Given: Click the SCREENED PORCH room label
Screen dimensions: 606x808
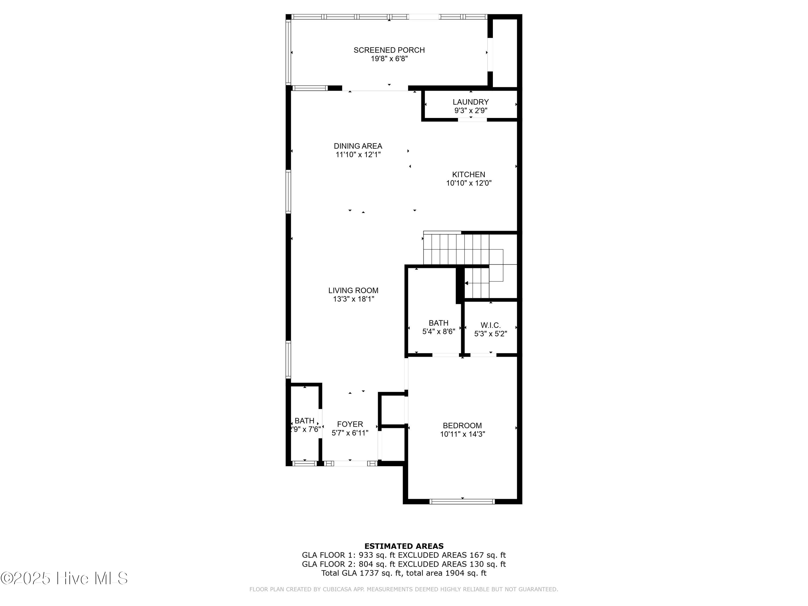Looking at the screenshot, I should tap(389, 50).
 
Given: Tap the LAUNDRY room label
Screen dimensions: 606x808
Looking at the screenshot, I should tap(471, 102).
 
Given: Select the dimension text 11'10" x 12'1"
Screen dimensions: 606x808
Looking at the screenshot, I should tap(358, 155).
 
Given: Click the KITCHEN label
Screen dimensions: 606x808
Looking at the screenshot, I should tap(469, 175).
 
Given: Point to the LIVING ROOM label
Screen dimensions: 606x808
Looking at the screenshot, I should tap(353, 290).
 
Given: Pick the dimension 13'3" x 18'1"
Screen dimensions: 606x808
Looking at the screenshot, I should tap(353, 299).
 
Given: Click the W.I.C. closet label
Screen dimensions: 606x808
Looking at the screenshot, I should tap(490, 325).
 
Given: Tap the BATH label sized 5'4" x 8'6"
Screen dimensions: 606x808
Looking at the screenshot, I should tap(438, 323).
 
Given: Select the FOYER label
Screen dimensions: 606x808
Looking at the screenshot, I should tap(350, 424).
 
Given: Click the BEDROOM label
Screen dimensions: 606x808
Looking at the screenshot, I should tap(462, 426).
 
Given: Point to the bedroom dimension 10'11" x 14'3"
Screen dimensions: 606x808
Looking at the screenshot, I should tap(462, 434).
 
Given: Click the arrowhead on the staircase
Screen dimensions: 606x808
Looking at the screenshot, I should tap(466, 283).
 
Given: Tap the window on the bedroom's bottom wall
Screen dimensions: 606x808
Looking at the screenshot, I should tap(462, 501).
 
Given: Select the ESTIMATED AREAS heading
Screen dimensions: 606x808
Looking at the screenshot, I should tap(404, 546).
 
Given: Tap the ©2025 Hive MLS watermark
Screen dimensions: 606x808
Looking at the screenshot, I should tap(64, 578).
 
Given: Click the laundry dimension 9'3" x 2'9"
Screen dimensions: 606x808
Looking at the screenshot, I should tap(471, 111).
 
